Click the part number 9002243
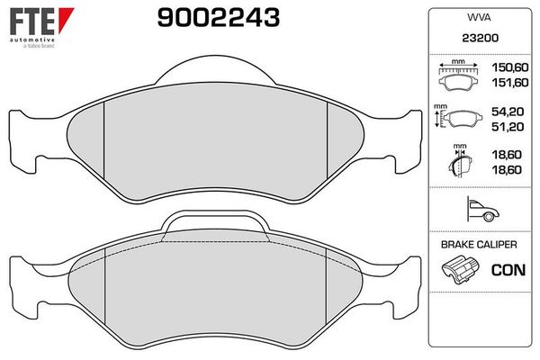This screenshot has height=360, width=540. pos(219,18)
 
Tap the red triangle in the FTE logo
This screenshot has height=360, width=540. pos(65,18)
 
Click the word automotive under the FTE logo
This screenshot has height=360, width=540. pos(32,40)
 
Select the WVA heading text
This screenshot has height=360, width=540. pos(479,17)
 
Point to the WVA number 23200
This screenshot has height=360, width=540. pos(480,38)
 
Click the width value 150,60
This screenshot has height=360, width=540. pos(509,67)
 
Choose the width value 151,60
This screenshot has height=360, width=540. pos(509,82)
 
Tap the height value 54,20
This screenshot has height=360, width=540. pos(508,112)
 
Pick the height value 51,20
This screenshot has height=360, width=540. pos(508,126)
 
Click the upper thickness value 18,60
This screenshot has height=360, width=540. pos(507,155)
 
